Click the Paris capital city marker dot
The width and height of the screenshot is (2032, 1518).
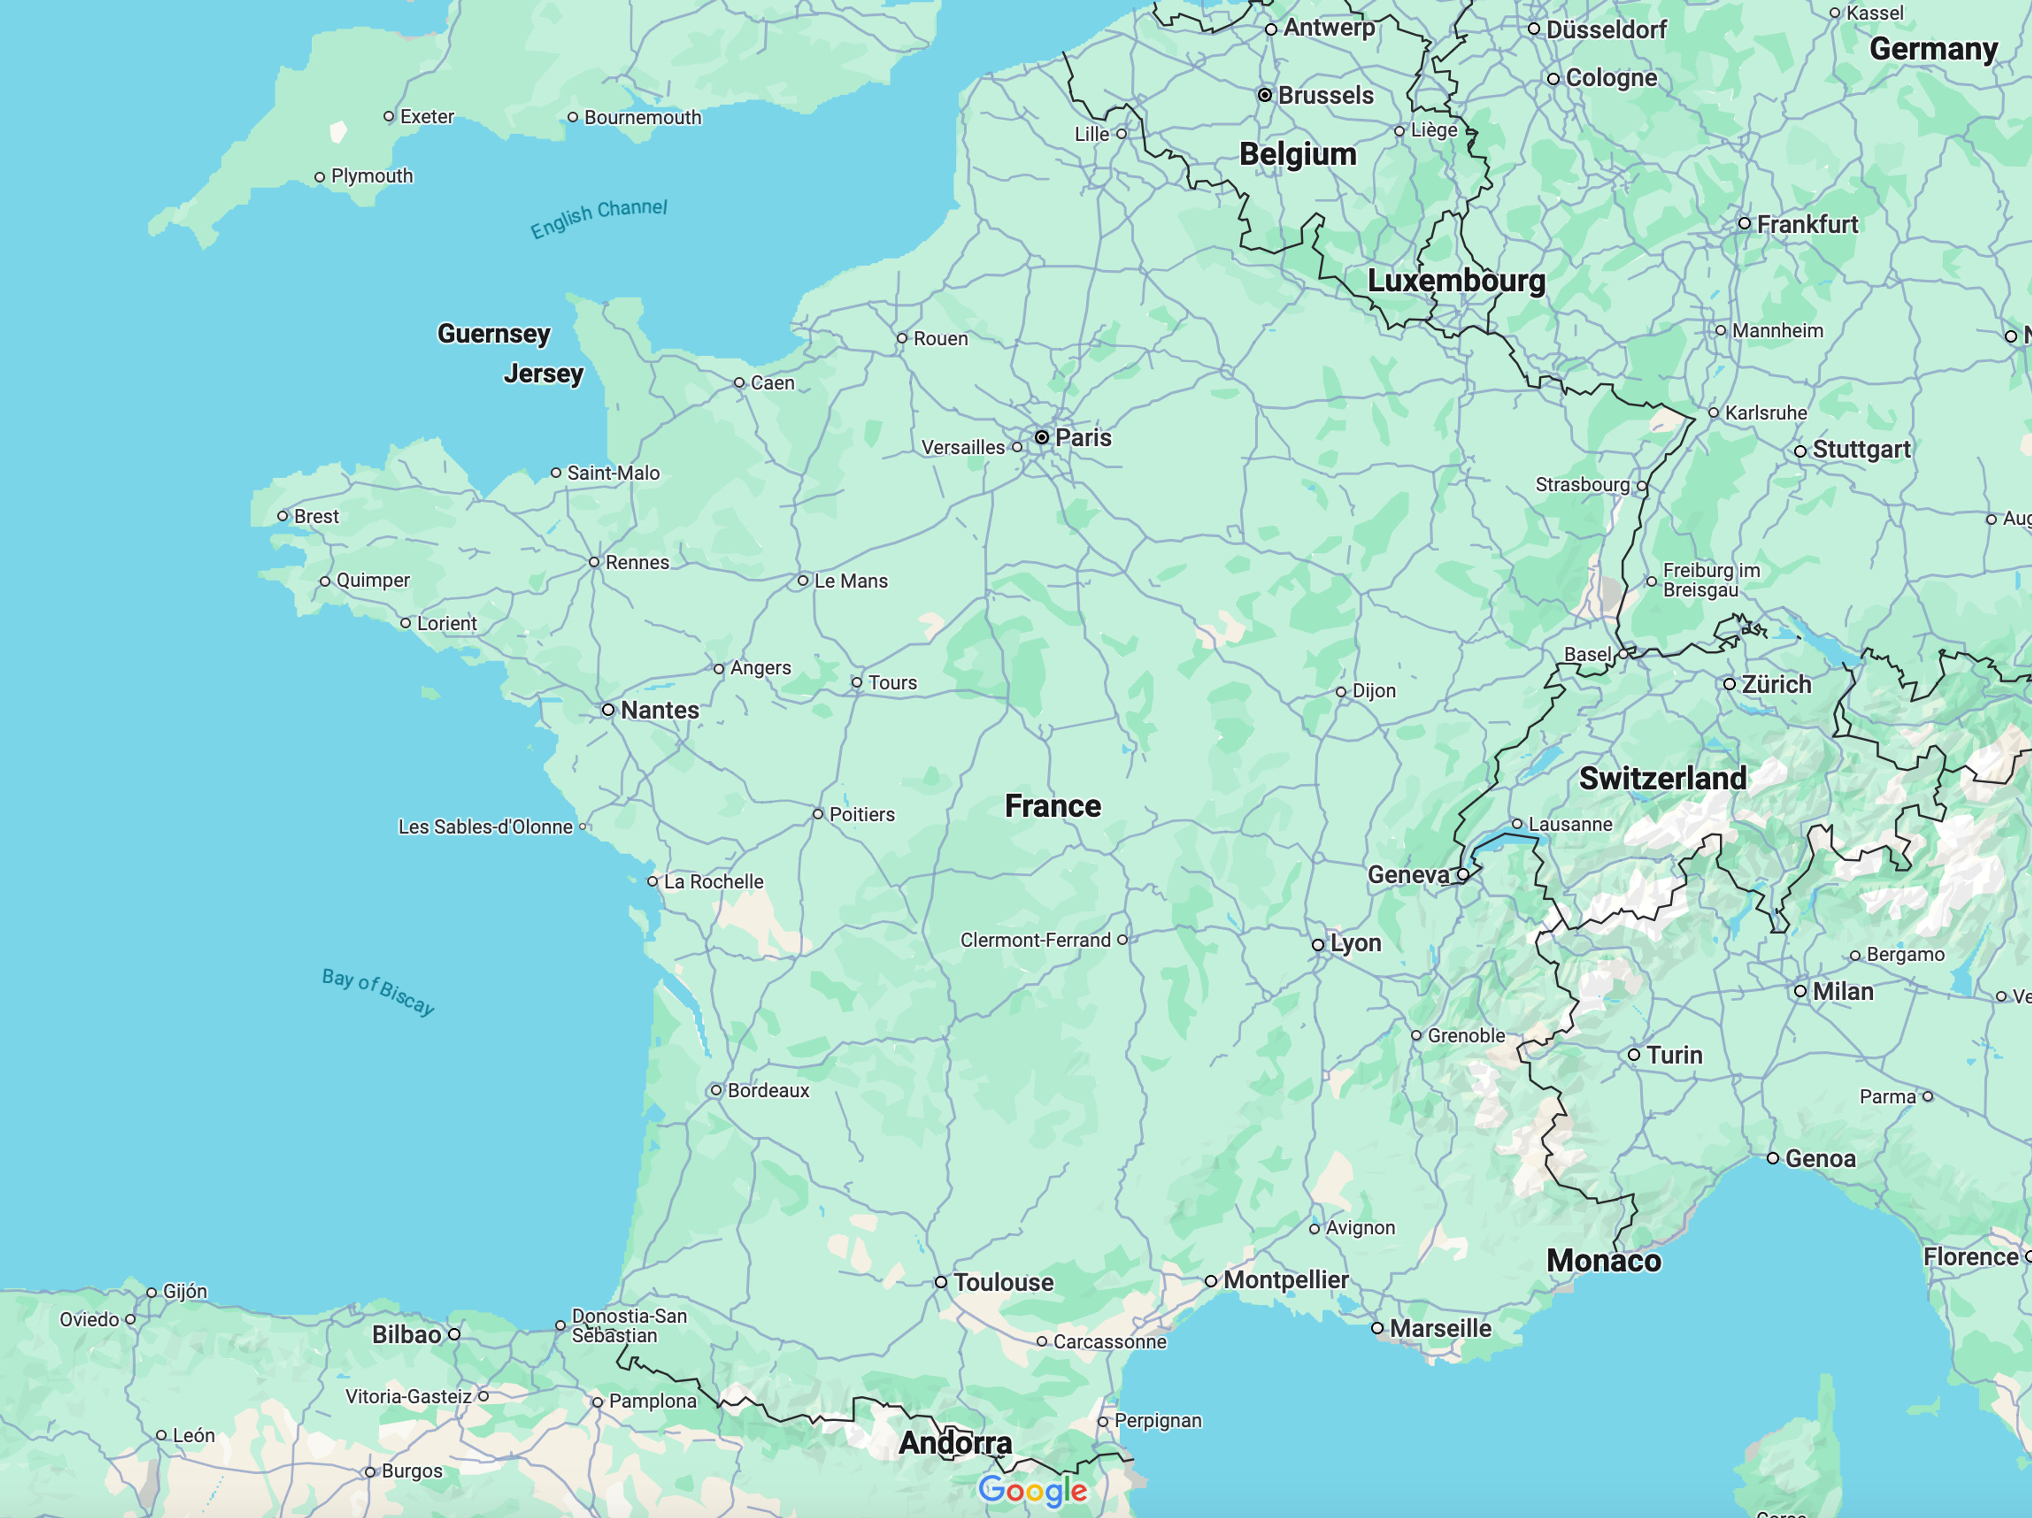coord(1042,437)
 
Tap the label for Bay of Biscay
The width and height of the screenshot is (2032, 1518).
coord(377,991)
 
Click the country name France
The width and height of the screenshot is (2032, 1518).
coord(1052,806)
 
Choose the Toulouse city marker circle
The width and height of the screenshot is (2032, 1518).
coord(941,1282)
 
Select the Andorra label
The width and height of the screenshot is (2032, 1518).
coord(955,1443)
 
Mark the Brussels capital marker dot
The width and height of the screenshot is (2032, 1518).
coord(1265,95)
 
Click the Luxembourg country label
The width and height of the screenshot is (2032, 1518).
coord(1456,281)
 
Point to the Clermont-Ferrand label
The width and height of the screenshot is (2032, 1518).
coord(1035,940)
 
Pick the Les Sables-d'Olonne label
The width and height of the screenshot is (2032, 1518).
coord(485,827)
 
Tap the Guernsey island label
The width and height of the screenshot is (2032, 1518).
coord(493,333)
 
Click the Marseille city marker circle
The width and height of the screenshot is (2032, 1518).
coord(1377,1328)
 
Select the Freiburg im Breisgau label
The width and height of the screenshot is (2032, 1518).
coord(1710,580)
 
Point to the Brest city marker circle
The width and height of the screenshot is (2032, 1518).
coord(283,516)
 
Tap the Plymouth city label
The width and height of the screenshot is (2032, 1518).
coord(371,176)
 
